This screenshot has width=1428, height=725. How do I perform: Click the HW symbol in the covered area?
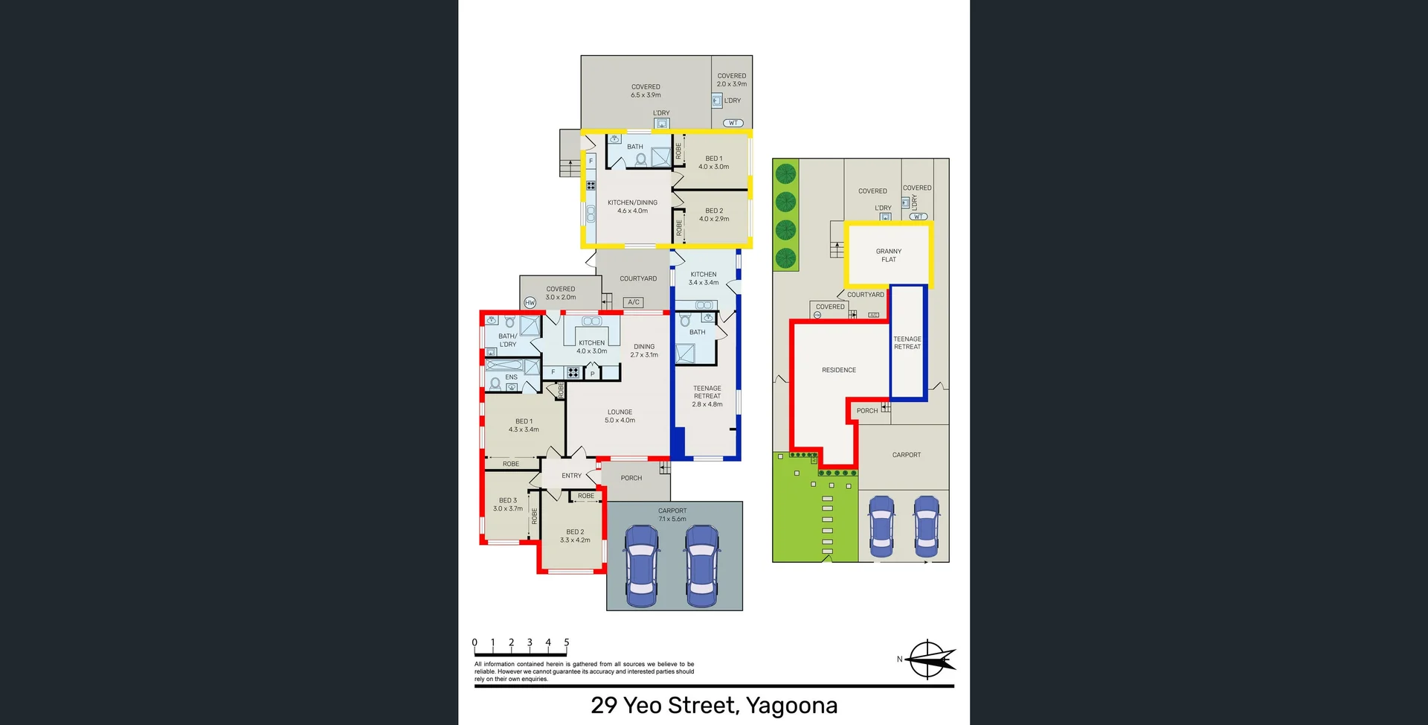coord(530,302)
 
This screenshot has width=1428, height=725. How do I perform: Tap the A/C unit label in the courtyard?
coord(634,302)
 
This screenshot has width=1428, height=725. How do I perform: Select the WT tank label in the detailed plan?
coord(733,123)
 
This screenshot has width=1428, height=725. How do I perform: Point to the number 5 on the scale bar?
coord(567,642)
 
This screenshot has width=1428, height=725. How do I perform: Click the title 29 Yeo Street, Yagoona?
coord(714,705)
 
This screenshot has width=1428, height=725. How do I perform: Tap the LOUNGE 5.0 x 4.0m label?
coord(620,416)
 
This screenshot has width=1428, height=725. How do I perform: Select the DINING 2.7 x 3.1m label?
coord(644,351)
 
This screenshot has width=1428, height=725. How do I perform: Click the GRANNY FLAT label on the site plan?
coord(889,255)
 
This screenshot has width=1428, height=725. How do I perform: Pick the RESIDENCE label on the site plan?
coord(839,370)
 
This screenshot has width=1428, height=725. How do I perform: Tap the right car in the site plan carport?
coord(927,526)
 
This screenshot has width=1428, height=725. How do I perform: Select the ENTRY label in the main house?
coord(571,476)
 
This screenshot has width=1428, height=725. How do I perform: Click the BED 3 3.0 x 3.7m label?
coord(508,505)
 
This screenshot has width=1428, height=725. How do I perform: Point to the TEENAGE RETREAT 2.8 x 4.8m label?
coord(707,396)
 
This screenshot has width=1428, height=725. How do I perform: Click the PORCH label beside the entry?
coord(631,478)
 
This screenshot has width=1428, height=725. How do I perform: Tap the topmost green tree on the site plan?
coord(785,174)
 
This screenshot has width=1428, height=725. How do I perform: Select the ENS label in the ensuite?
coord(512,377)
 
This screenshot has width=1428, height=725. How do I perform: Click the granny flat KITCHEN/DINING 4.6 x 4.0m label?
coord(632,206)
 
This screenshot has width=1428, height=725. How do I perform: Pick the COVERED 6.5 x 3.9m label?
coord(646,91)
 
